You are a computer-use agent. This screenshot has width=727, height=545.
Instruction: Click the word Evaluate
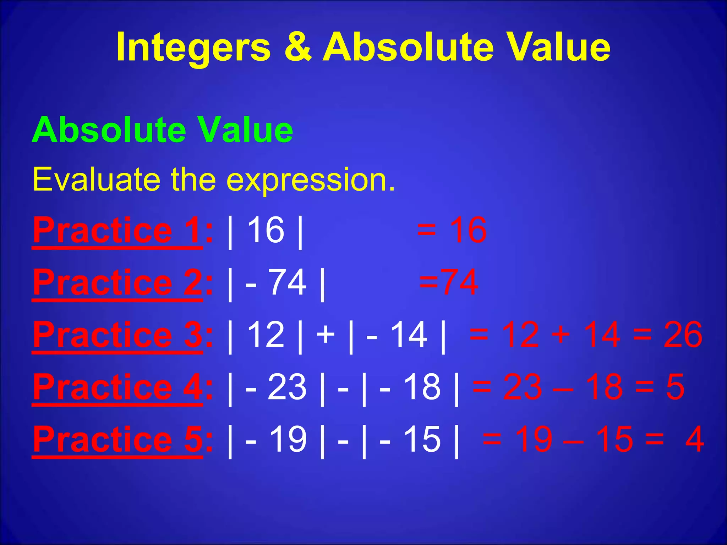96,180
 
